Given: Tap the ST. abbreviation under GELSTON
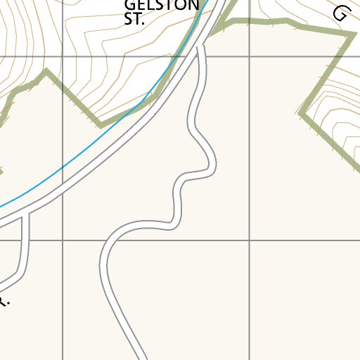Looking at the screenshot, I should tap(134, 20).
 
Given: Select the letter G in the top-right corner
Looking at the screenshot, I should tap(342, 13).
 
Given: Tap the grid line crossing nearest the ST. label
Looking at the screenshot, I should tap(63, 56).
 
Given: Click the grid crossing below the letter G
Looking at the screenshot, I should tap(250, 56).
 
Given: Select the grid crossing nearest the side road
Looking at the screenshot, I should tap(63, 240).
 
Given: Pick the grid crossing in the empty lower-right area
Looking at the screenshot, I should tap(250, 240).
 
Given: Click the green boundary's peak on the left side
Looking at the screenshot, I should tap(46, 70).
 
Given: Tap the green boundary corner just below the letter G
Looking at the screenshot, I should tap(351, 35).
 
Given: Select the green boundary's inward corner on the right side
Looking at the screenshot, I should tap(301, 112).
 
